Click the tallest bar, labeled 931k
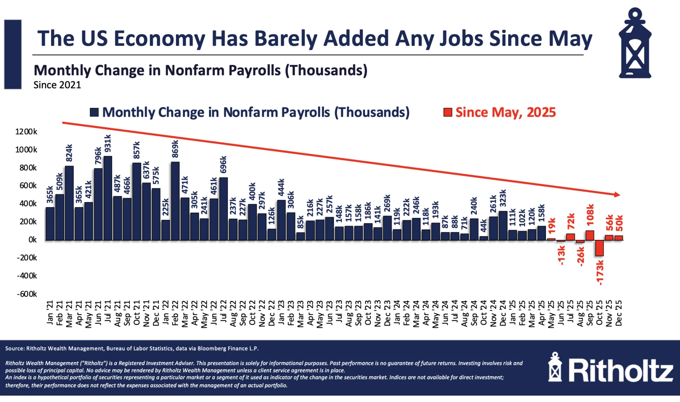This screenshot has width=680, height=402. pyautogui.click(x=108, y=198)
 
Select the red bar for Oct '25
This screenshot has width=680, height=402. pyautogui.click(x=600, y=248)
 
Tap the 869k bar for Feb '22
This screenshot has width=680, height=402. pyautogui.click(x=175, y=201)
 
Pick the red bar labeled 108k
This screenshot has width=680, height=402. pyautogui.click(x=590, y=235)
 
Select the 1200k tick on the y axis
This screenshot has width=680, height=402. pyautogui.click(x=26, y=132)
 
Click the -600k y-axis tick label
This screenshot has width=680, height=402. pyautogui.click(x=26, y=294)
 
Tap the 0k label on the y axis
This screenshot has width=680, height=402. pyautogui.click(x=32, y=240)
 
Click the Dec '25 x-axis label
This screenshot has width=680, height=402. pyautogui.click(x=619, y=313)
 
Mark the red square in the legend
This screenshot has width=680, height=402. pyautogui.click(x=448, y=112)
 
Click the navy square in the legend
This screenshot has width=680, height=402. pyautogui.click(x=94, y=112)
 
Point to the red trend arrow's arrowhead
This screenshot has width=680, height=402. pyautogui.click(x=617, y=195)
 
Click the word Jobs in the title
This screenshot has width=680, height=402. pyautogui.click(x=461, y=39)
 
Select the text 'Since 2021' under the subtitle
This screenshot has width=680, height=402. pyautogui.click(x=57, y=85)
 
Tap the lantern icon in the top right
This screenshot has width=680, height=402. pyautogui.click(x=635, y=43)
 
